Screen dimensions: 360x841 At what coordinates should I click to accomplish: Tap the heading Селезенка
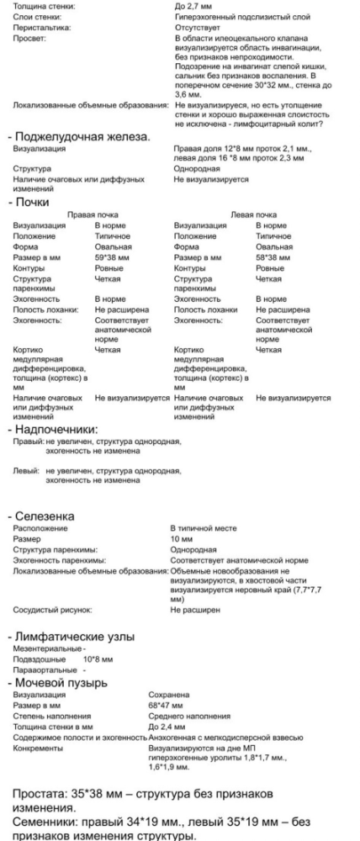point(45,515)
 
